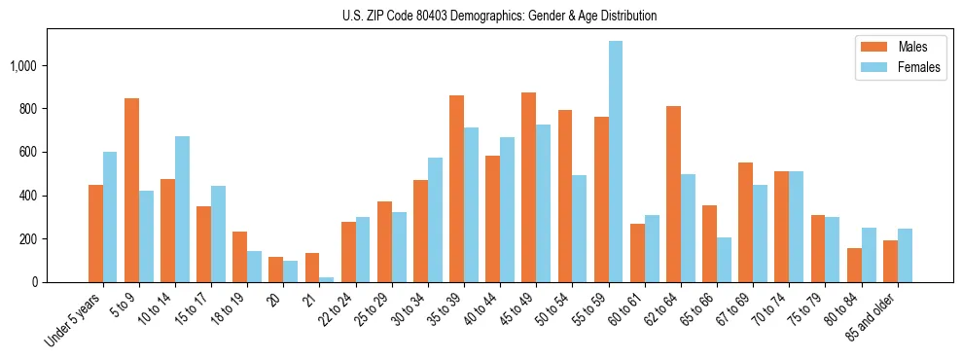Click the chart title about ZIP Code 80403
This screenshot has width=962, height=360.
pyautogui.click(x=499, y=16)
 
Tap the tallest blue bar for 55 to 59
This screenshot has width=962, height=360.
pyautogui.click(x=616, y=162)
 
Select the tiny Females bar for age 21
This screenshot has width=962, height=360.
pyautogui.click(x=327, y=279)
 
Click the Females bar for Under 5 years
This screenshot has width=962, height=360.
pyautogui.click(x=110, y=217)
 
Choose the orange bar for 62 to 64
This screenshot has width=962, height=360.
pyautogui.click(x=673, y=194)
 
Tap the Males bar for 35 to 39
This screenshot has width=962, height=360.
pyautogui.click(x=456, y=189)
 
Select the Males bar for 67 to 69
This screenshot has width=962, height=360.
pyautogui.click(x=745, y=222)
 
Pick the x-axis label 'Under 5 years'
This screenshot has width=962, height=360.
pyautogui.click(x=73, y=319)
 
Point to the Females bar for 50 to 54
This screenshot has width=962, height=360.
pyautogui.click(x=580, y=229)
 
